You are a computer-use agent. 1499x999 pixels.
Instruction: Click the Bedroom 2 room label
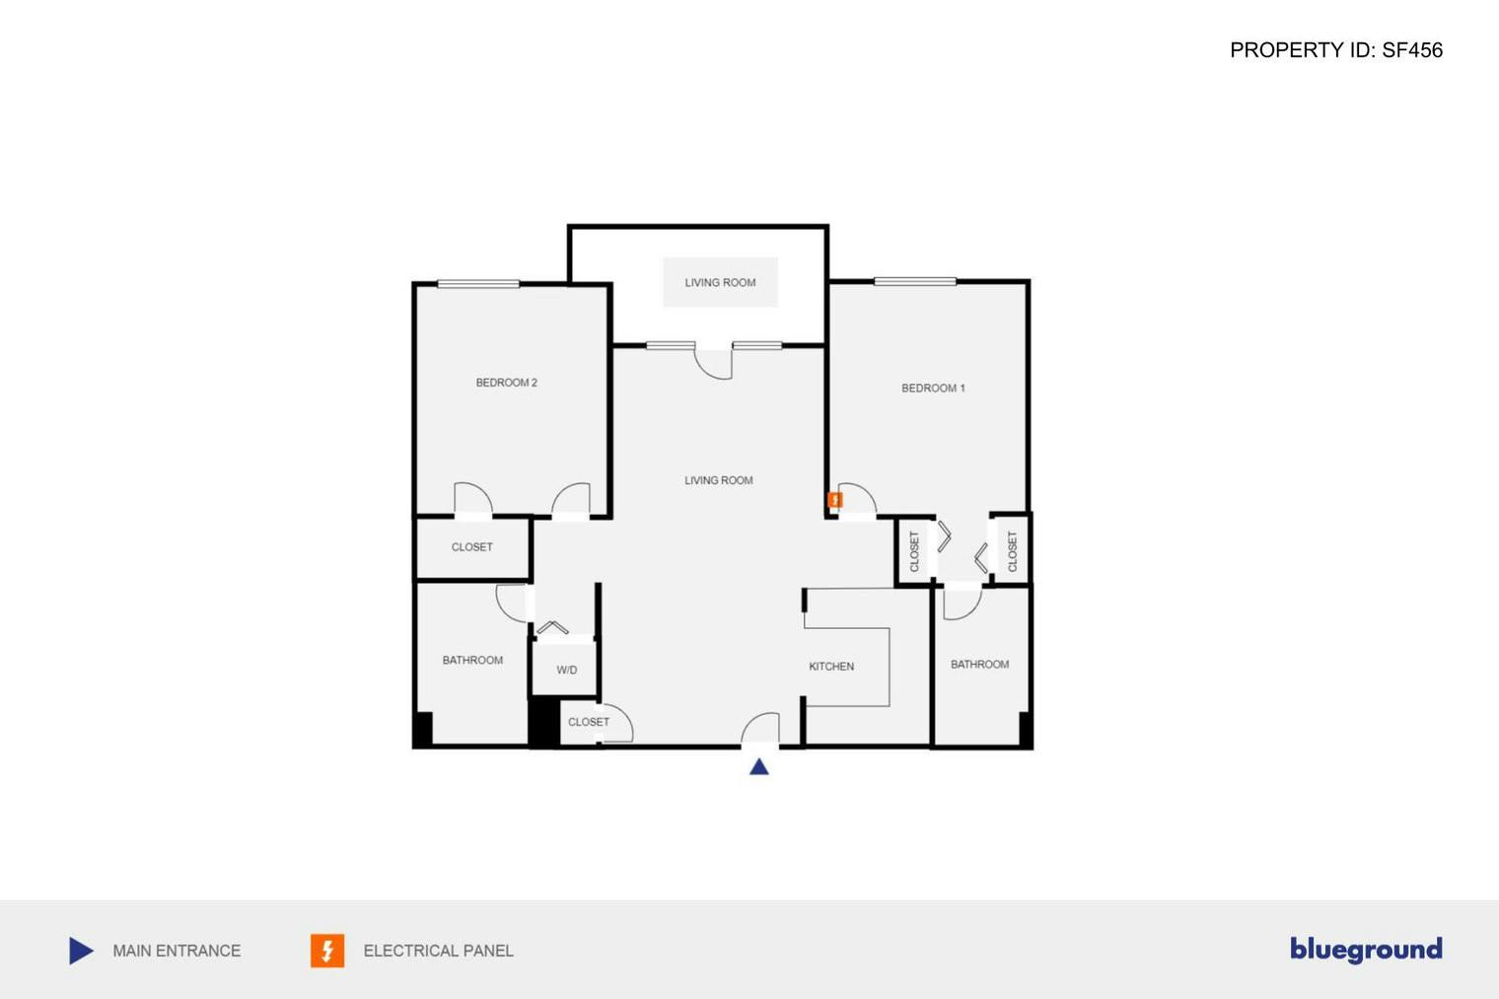506,383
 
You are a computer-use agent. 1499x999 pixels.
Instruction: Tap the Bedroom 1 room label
933,389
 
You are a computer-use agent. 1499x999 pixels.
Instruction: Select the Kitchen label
831,667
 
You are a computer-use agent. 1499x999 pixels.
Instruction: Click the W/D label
566,671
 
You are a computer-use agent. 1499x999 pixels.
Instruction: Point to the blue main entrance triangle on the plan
758,766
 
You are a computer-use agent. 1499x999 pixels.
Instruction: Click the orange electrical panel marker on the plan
835,501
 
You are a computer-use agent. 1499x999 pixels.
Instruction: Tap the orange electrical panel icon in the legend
327,951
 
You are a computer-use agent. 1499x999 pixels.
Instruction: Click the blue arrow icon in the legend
81,951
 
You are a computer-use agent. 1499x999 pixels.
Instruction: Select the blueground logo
1366,949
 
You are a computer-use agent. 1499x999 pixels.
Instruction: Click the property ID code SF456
1411,50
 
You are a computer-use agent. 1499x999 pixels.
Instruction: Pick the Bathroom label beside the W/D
472,661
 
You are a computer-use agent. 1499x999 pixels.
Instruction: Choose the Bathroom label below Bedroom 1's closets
979,665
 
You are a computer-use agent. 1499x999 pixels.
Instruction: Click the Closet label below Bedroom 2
471,547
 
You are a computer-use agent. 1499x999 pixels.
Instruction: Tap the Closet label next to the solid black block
589,722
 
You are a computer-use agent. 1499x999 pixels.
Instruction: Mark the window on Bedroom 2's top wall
478,284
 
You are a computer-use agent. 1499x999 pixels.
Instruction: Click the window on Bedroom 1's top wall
914,282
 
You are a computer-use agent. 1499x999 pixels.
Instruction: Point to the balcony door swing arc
713,363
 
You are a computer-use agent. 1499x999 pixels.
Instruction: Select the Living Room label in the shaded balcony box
720,283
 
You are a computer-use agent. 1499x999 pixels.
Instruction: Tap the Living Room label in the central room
718,480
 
